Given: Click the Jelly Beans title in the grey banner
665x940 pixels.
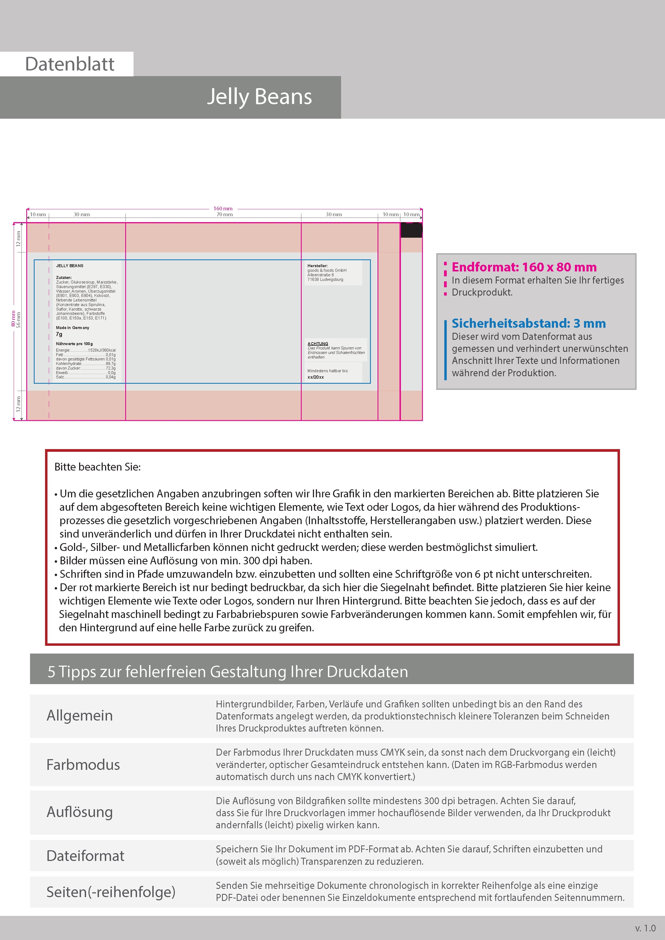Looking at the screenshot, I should click(x=259, y=97).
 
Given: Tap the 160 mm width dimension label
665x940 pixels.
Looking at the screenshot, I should click(x=223, y=209).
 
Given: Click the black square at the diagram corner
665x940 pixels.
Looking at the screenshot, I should click(x=411, y=230).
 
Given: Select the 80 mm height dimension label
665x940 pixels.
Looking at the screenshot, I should click(x=13, y=319).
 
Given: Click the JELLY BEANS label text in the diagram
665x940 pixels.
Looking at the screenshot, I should click(x=70, y=266).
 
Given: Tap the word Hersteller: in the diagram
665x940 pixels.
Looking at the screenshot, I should click(x=317, y=266).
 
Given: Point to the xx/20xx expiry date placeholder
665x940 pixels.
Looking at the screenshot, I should click(x=316, y=377).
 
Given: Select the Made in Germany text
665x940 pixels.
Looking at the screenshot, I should click(x=72, y=327).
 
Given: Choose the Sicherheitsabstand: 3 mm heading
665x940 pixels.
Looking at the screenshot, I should click(x=529, y=323).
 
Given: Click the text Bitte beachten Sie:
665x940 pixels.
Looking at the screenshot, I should click(x=98, y=467).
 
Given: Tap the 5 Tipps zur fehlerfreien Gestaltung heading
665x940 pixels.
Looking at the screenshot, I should click(x=228, y=672).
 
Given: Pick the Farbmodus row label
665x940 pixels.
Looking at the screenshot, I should click(x=83, y=765).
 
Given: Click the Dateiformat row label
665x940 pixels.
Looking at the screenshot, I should click(x=85, y=856).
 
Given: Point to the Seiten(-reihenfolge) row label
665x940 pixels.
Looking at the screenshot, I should click(x=111, y=892).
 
